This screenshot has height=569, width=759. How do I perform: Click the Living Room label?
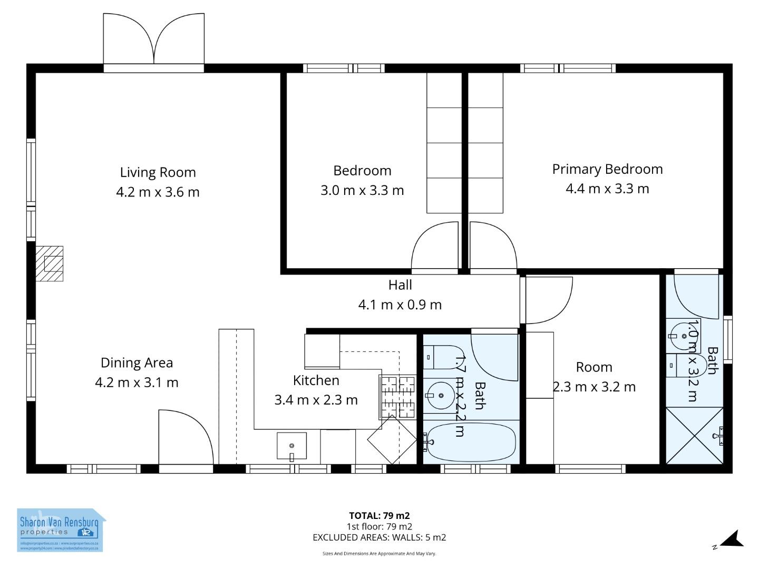[158, 172]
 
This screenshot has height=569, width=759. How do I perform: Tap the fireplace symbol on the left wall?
[50, 263]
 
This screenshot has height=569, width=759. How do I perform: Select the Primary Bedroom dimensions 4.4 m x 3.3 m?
[607, 189]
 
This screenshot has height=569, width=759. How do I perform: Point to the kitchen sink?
[291, 446]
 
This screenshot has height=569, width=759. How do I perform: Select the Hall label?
[400, 285]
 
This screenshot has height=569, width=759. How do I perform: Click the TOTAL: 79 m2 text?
[379, 516]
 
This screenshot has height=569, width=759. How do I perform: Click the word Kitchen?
[316, 380]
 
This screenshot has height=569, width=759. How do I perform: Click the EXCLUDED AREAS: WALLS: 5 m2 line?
[379, 537]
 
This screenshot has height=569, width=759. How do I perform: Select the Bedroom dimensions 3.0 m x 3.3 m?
[362, 190]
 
